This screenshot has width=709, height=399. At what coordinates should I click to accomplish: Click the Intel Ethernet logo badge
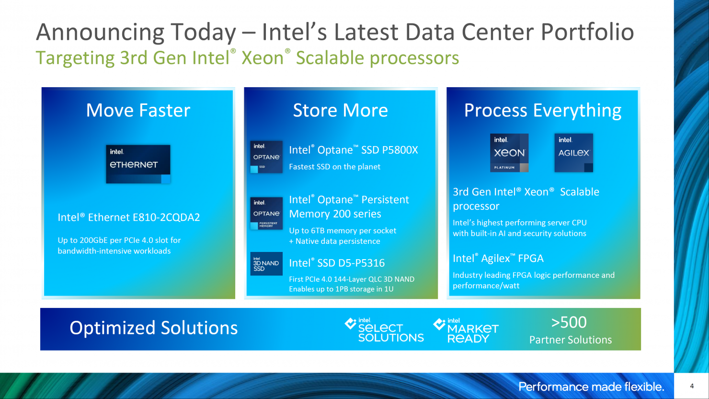pos(138,164)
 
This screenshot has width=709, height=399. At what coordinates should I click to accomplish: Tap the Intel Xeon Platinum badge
pos(509,153)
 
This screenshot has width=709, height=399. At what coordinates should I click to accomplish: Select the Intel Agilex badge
pos(573,153)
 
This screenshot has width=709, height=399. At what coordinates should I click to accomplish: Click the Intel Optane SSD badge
pos(266,157)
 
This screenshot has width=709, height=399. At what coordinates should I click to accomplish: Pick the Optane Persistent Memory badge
pos(266,214)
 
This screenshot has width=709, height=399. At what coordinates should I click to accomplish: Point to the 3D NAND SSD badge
pos(266,263)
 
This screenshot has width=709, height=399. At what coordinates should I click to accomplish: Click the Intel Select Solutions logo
pos(384,330)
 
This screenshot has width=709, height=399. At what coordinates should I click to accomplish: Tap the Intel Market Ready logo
pos(466,331)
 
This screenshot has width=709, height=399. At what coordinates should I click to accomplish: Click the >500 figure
pos(569,322)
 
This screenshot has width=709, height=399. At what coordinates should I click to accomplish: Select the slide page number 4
pos(692,386)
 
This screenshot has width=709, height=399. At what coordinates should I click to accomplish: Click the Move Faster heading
pos(138,111)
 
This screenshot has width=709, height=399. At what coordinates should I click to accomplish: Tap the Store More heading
pos(340,111)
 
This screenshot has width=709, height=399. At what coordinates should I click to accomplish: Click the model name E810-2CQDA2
pos(166,217)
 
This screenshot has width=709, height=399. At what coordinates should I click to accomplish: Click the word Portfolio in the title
pos(587,32)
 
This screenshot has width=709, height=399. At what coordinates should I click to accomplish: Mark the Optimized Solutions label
pos(153,328)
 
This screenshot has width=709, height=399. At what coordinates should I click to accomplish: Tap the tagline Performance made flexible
pos(591,387)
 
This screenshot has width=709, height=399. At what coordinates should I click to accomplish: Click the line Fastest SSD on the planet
pos(334,167)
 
